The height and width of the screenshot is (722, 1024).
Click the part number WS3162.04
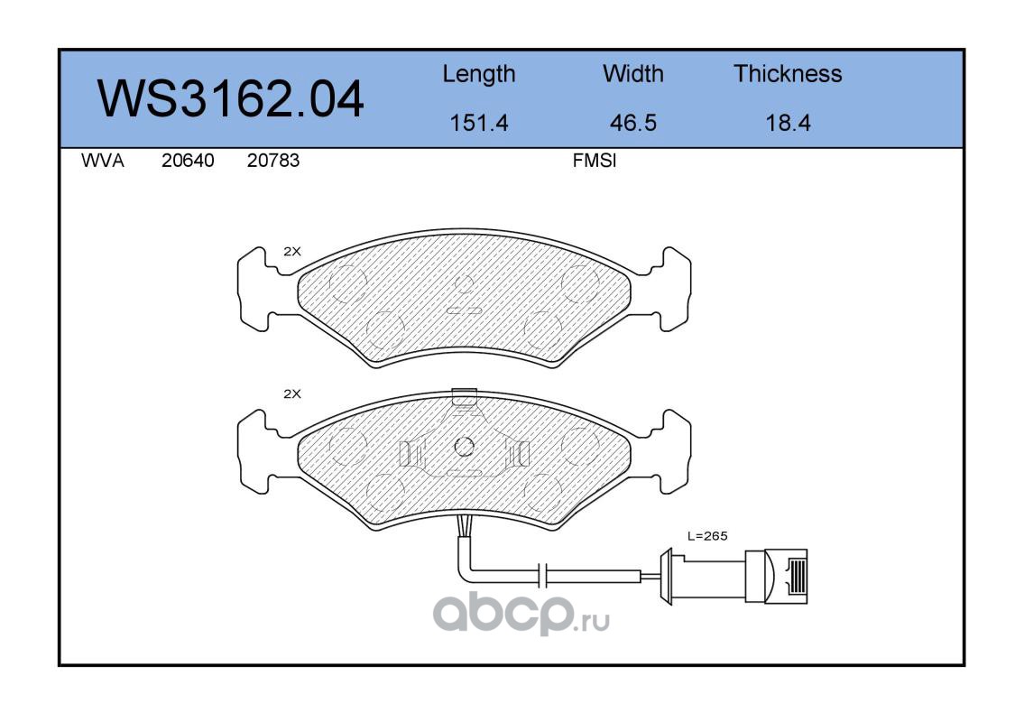[230, 98]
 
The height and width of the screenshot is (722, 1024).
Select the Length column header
[479, 74]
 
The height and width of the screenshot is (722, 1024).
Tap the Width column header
[632, 73]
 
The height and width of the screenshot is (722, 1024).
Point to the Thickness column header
[788, 73]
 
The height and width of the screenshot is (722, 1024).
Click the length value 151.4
[479, 123]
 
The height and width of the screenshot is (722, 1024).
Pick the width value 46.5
[632, 123]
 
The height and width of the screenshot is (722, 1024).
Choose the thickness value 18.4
[788, 123]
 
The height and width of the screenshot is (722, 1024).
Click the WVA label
[103, 161]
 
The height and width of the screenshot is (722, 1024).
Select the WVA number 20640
[188, 161]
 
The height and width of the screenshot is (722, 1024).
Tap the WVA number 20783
[273, 161]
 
